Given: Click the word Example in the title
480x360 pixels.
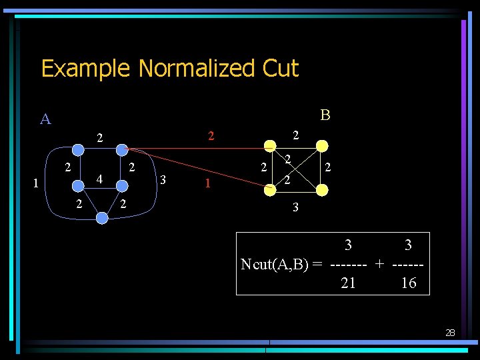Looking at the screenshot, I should (x=86, y=69).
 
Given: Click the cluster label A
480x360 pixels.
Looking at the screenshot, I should (x=45, y=119).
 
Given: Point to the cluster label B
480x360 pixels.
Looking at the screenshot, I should (x=325, y=115).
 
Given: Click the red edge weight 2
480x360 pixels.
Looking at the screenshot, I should (x=211, y=137).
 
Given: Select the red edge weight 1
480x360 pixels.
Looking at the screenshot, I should (x=209, y=183).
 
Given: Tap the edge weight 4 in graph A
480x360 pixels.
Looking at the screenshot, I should (x=99, y=180).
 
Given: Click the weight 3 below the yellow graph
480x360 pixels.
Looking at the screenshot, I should (x=296, y=208).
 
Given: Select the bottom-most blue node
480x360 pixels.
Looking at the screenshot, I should (x=102, y=217).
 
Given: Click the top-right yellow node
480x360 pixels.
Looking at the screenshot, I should (x=322, y=147).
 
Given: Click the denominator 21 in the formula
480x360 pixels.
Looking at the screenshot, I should (x=348, y=283).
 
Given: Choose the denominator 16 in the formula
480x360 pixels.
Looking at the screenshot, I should (x=408, y=283).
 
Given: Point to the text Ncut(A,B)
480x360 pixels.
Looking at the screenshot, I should (x=275, y=264).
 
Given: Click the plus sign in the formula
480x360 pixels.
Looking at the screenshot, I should (x=379, y=264).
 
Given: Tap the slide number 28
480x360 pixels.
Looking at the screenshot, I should (x=450, y=332).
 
